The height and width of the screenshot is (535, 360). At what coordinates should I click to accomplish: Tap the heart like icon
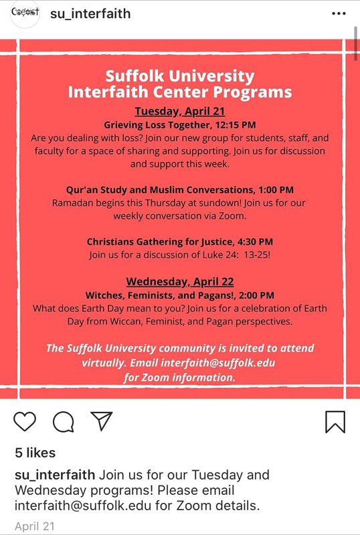tap(25, 421)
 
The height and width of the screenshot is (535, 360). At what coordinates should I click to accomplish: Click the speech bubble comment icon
tap(63, 421)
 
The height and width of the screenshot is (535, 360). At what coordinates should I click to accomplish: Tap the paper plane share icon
tap(101, 420)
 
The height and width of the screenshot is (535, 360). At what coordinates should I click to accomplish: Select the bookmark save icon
tap(335, 421)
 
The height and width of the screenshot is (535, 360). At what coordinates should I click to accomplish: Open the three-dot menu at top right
tap(340, 13)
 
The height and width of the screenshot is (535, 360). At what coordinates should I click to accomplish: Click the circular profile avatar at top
tap(24, 14)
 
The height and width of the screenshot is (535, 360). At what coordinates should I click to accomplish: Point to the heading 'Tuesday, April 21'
tap(179, 111)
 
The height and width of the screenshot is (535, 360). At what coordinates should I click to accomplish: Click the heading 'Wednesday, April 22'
tap(179, 282)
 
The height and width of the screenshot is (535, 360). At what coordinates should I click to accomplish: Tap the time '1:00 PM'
tap(272, 191)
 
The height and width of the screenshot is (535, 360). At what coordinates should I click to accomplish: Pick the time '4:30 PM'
tap(252, 241)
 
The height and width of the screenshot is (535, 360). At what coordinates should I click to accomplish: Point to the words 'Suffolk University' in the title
tap(179, 76)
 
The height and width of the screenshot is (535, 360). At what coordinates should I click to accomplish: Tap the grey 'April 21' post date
tap(35, 526)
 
